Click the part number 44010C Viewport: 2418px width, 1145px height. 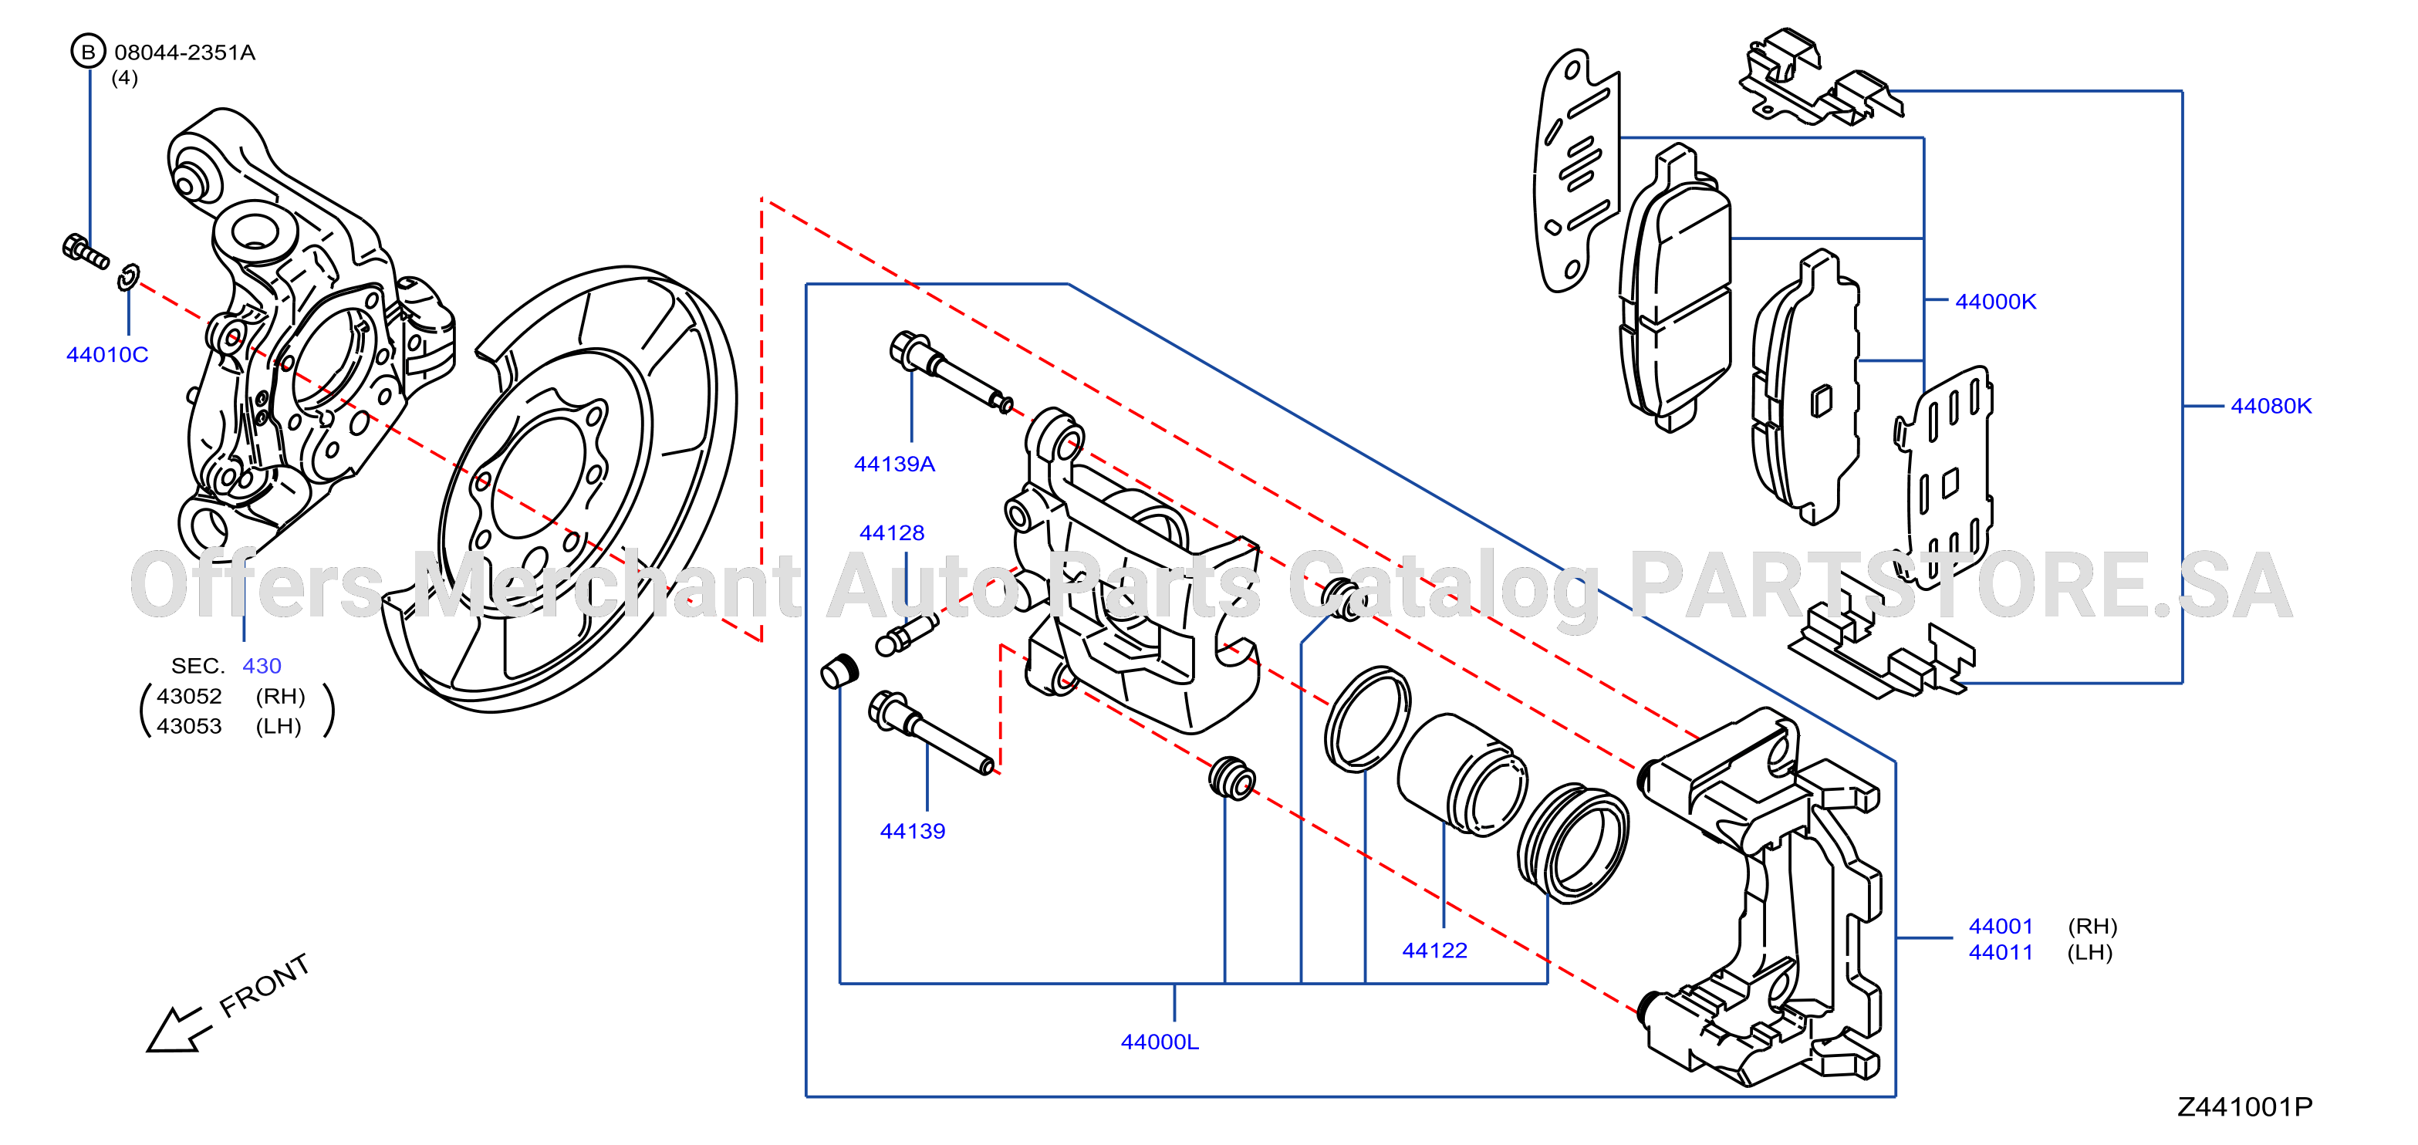click(107, 355)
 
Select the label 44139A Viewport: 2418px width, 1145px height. click(894, 464)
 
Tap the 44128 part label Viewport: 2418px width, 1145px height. click(892, 533)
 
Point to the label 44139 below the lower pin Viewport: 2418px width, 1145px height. click(913, 831)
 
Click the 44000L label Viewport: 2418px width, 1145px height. click(1160, 1042)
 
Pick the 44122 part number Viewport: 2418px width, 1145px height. click(1434, 951)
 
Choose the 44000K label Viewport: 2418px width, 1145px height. click(1996, 301)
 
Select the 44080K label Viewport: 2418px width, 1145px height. click(2271, 407)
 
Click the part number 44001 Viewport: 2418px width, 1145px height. click(2001, 927)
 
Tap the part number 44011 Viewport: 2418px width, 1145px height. click(2001, 953)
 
